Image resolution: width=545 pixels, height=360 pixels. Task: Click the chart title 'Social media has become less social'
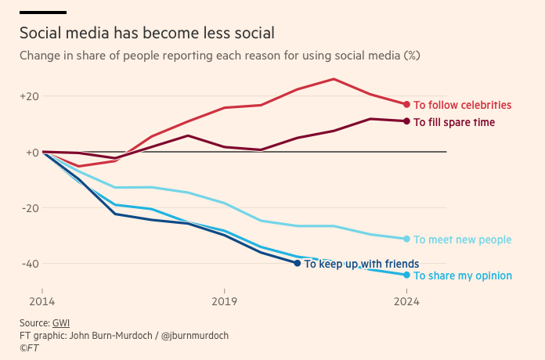tap(147, 33)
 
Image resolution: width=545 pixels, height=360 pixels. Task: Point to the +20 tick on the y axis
tap(29, 96)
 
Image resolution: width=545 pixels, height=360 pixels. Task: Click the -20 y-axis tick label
tap(29, 207)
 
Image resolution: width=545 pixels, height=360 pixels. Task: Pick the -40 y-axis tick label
tap(29, 263)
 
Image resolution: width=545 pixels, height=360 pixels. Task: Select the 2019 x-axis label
tap(225, 301)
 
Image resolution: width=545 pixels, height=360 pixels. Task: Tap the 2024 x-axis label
tap(406, 301)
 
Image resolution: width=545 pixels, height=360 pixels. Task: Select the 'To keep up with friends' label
tap(362, 264)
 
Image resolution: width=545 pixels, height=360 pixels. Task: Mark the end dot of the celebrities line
tap(406, 104)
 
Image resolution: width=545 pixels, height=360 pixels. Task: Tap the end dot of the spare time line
tap(406, 121)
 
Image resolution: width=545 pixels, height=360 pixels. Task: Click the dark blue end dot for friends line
tap(298, 263)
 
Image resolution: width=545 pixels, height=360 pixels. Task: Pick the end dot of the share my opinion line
tap(406, 275)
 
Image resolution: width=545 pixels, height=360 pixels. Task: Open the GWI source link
tap(60, 322)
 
